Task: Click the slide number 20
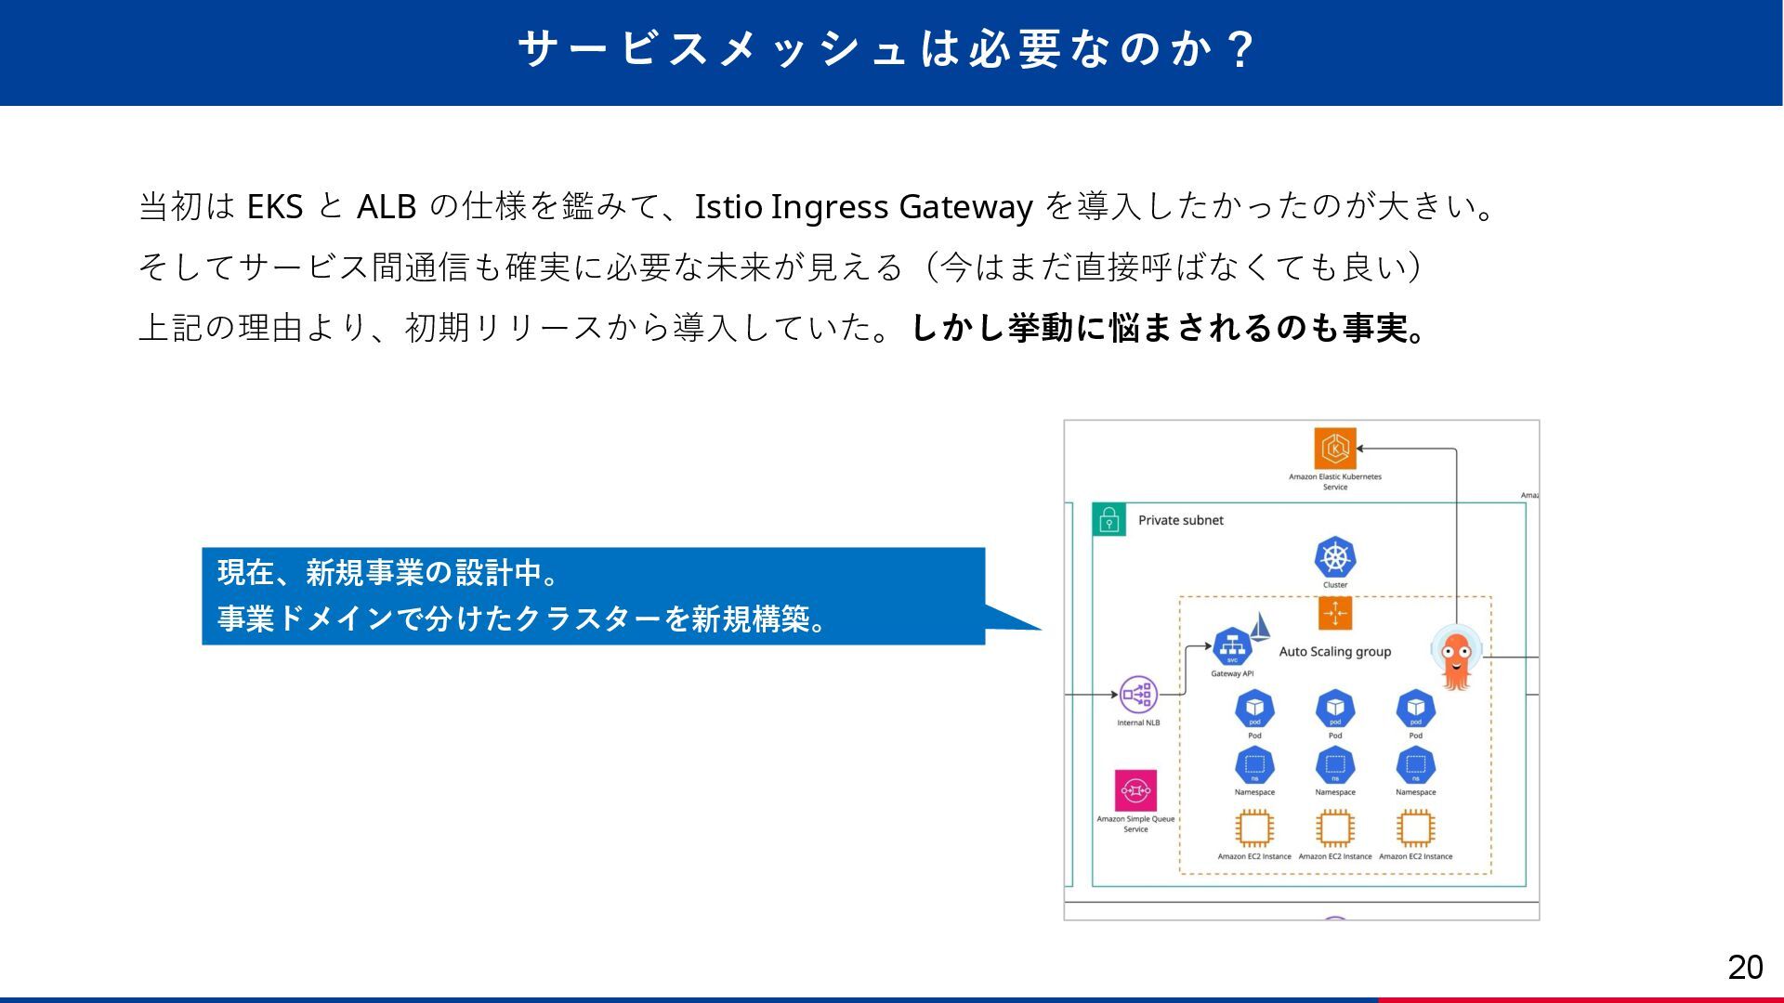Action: pos(1745,968)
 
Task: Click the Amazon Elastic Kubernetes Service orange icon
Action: pos(1335,449)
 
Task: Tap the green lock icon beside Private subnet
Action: pos(1108,520)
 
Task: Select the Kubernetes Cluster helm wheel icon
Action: pos(1335,557)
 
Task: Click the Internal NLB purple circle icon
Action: pos(1138,694)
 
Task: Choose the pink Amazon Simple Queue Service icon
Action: pos(1135,790)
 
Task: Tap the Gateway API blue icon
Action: pos(1232,646)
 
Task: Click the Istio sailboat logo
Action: pos(1260,627)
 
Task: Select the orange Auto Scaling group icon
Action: pos(1335,614)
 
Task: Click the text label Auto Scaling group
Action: pos(1334,652)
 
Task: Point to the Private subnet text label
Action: pos(1180,520)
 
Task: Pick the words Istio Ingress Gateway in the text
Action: pos(863,206)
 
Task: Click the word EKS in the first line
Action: pos(275,206)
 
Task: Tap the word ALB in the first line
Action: pos(386,206)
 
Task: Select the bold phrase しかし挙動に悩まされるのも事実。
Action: pos(1169,328)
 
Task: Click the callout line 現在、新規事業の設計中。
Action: pos(388,573)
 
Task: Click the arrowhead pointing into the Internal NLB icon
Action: pos(1113,694)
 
